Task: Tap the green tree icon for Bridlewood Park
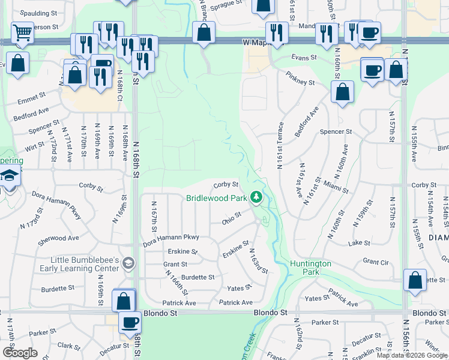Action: pos(257,197)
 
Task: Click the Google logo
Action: pos(20,353)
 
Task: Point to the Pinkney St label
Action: pos(300,79)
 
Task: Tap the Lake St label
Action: pos(359,243)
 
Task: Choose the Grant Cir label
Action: pos(376,262)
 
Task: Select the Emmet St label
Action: pos(32,95)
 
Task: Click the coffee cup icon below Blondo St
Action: pos(130,322)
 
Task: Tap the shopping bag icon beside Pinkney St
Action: pos(342,92)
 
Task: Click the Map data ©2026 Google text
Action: pos(412,355)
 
